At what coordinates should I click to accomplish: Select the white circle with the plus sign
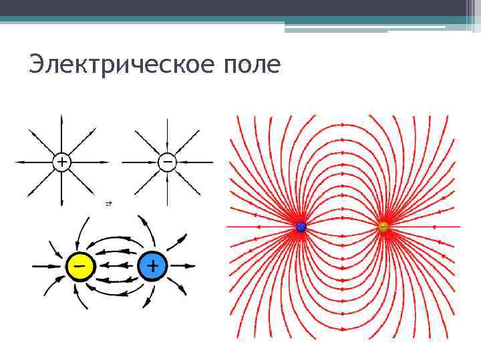pos(61,162)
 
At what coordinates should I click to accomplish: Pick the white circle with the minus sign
pos(167,162)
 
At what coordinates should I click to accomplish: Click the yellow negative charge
pos(79,267)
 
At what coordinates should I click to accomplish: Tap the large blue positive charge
pos(152,267)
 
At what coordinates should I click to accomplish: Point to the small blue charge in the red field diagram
pos(301,227)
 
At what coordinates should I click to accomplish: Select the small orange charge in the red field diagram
pos(383,227)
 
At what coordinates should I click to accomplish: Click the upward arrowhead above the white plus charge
pos(61,119)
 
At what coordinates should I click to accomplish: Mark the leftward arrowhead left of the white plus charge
pos(19,162)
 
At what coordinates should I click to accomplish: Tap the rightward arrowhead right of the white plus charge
pos(105,162)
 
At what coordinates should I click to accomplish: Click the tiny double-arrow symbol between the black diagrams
pos(108,203)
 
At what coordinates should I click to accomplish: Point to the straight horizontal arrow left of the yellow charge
pos(47,267)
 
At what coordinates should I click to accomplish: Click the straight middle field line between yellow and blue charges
pos(116,267)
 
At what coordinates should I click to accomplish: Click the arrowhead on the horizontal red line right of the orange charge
pos(434,227)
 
